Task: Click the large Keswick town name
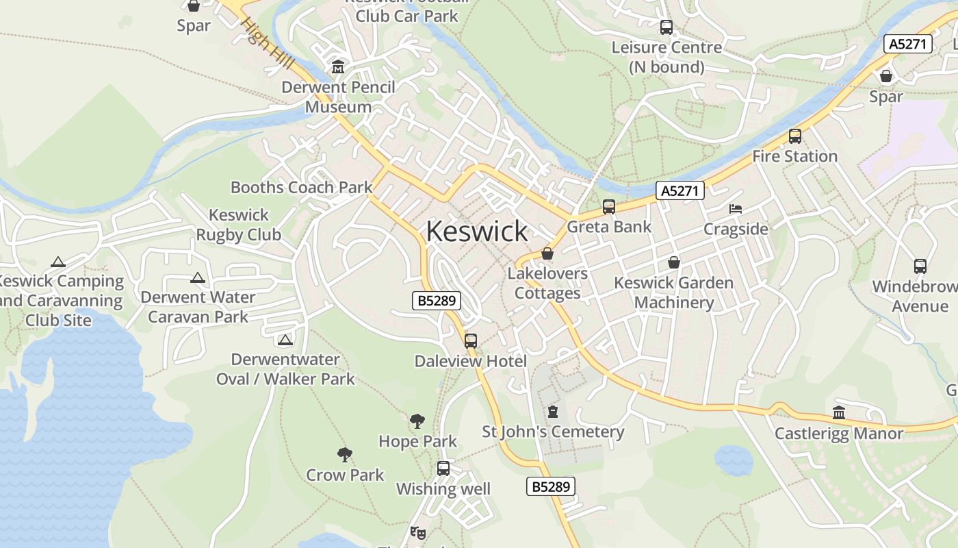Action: click(477, 232)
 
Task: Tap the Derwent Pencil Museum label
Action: click(339, 97)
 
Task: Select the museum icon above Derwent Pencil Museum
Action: click(338, 68)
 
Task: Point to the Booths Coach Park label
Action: click(301, 187)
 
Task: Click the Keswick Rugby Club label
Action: click(239, 225)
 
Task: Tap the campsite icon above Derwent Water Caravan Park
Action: click(198, 278)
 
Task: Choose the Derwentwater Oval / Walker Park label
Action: click(285, 369)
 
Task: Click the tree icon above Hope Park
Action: click(417, 421)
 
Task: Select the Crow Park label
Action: click(345, 475)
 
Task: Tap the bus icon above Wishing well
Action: click(443, 469)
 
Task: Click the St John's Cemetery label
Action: click(553, 432)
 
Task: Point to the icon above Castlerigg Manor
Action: click(839, 412)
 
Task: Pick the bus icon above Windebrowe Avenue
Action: click(920, 266)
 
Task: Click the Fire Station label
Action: click(794, 156)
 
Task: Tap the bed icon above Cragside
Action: click(736, 208)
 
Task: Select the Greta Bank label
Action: click(609, 227)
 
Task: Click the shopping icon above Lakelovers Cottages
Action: click(547, 253)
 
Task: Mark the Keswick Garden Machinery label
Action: click(673, 292)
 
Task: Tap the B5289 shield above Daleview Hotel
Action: click(437, 300)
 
